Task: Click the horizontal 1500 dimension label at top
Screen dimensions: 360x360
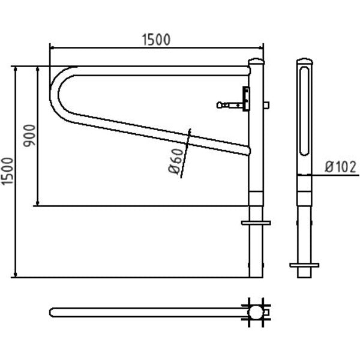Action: [x=156, y=40]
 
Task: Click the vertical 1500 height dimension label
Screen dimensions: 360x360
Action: [x=7, y=171]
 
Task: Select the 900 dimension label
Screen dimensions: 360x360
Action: [x=29, y=136]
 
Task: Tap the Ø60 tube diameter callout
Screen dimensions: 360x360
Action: [x=176, y=161]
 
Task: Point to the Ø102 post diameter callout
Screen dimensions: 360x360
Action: [x=340, y=167]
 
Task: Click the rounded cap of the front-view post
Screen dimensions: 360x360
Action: [x=256, y=61]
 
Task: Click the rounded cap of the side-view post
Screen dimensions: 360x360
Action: [x=305, y=61]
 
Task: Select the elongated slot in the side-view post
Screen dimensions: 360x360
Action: [x=305, y=111]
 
